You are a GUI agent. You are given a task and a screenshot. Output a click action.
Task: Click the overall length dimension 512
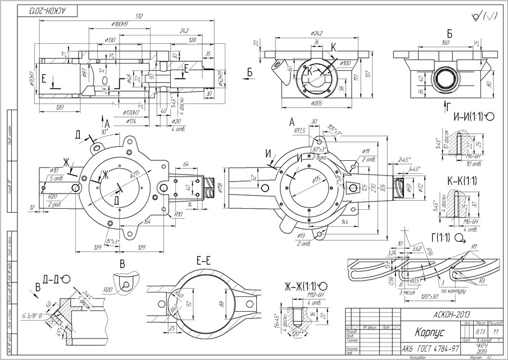tap(139, 17)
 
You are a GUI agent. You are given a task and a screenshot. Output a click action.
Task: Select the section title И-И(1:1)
tap(469, 116)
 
